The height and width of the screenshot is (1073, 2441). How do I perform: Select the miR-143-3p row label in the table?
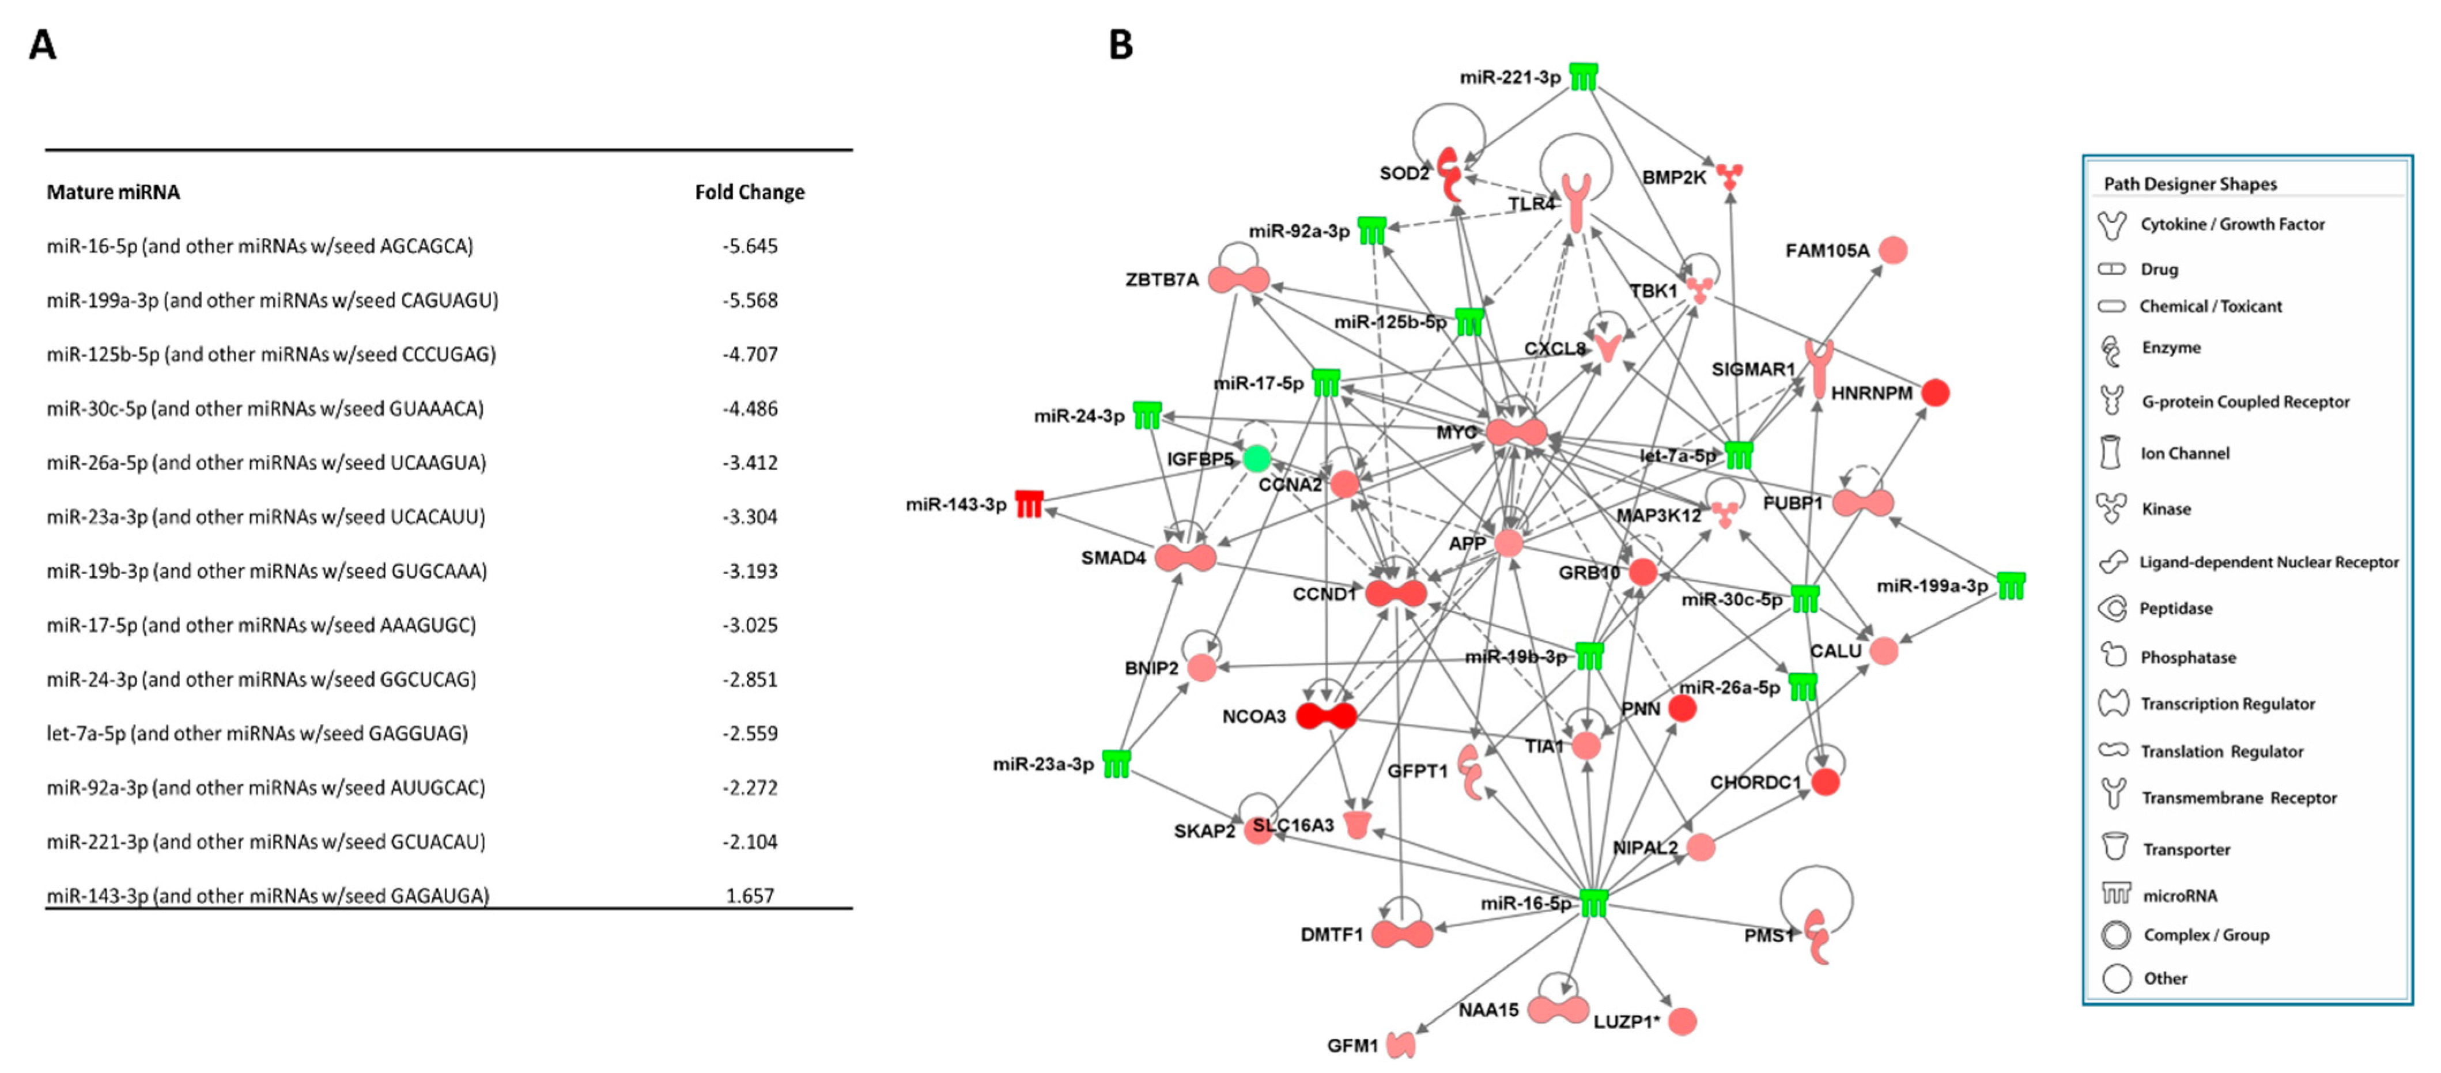pyautogui.click(x=268, y=895)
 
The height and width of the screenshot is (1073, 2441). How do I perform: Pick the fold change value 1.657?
pyautogui.click(x=750, y=895)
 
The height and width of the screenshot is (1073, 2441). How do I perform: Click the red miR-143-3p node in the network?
pyautogui.click(x=1029, y=503)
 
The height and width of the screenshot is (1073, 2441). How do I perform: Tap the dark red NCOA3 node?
pyautogui.click(x=1326, y=716)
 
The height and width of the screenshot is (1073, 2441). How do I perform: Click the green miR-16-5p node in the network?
pyautogui.click(x=1594, y=904)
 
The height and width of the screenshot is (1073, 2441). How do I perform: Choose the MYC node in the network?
pyautogui.click(x=1516, y=432)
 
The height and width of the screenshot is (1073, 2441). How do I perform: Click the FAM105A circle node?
pyautogui.click(x=1892, y=250)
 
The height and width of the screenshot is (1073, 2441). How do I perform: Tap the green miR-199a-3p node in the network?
pyautogui.click(x=2011, y=586)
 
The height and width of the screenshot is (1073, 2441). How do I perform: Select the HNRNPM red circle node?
pyautogui.click(x=1935, y=392)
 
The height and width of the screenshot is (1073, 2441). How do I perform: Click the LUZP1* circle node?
pyautogui.click(x=1682, y=1021)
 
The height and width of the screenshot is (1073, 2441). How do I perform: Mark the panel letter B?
pyautogui.click(x=1121, y=44)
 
